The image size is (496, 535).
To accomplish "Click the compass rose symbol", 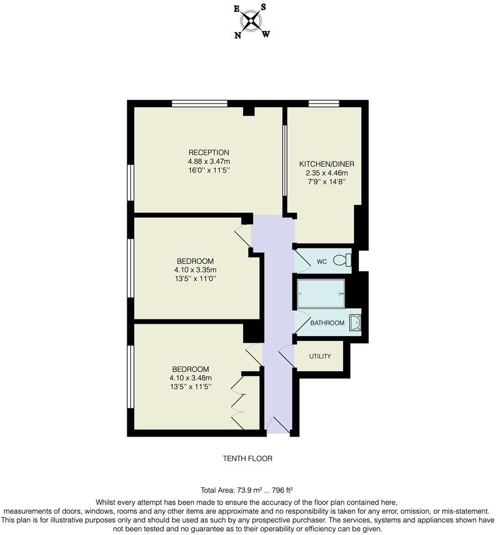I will (x=251, y=22).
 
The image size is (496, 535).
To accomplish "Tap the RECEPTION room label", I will (x=209, y=152).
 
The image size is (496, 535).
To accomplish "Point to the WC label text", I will (x=322, y=262).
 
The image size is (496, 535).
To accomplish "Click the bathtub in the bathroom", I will (x=321, y=294).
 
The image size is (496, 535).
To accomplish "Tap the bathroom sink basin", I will (x=355, y=322).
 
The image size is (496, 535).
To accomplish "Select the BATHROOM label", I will (x=327, y=323).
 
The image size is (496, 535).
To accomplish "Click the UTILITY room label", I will (x=320, y=356).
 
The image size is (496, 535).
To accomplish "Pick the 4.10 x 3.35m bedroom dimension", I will (x=195, y=270).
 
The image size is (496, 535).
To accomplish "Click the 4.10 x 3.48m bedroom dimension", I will (x=190, y=378).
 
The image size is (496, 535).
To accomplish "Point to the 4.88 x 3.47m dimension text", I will (x=209, y=161).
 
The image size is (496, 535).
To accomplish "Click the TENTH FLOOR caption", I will (x=247, y=458).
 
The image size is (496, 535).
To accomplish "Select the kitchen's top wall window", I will (x=324, y=103).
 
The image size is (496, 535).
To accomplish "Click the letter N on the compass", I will (x=238, y=35).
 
